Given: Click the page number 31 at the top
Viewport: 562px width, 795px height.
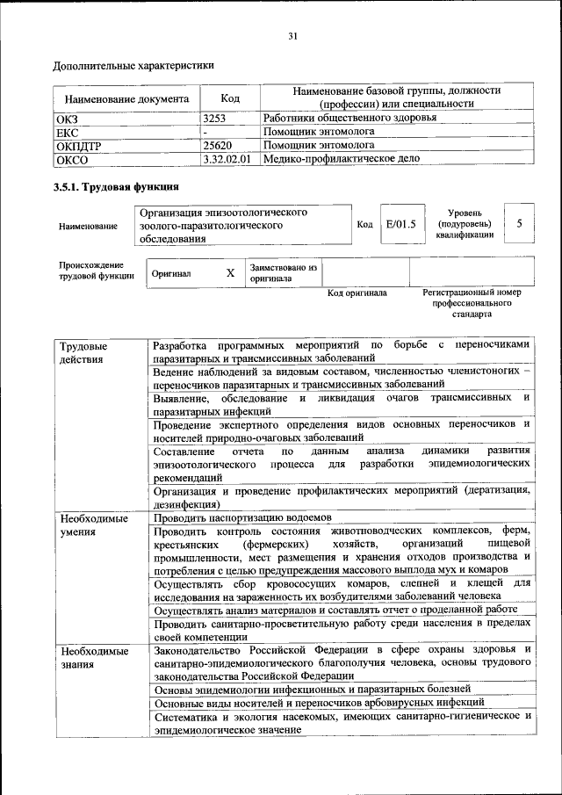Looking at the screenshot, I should click(292, 35).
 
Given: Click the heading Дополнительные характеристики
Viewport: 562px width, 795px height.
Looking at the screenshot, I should click(133, 65).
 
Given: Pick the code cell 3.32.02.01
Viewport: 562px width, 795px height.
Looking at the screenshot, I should click(227, 159).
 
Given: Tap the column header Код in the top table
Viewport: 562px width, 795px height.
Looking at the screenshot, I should click(229, 98).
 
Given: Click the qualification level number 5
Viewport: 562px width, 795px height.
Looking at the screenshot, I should click(519, 224).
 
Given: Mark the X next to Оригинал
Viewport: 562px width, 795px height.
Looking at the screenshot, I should click(230, 273).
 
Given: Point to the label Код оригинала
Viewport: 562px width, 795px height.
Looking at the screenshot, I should click(357, 293).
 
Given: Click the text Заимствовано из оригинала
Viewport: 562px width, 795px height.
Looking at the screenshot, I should click(283, 272).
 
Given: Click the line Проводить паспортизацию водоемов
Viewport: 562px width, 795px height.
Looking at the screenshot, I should click(241, 518).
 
